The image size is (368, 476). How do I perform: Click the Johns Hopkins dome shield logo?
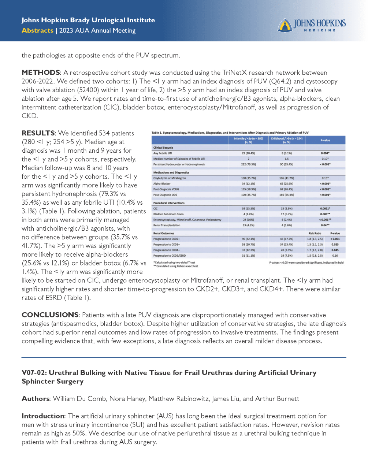tap(285, 25)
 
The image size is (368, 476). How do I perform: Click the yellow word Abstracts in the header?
tap(37, 30)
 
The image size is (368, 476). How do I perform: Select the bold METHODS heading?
tap(41, 72)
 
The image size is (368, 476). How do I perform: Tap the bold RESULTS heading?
tap(38, 133)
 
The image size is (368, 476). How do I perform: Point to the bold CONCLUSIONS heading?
tap(50, 315)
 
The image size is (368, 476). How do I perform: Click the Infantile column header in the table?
tap(248, 140)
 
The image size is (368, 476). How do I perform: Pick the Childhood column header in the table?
tap(286, 140)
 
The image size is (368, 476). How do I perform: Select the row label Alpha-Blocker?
tap(162, 183)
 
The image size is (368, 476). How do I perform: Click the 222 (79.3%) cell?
tap(248, 164)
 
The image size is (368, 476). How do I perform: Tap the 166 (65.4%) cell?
tap(286, 195)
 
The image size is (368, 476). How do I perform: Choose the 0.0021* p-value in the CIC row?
tap(325, 208)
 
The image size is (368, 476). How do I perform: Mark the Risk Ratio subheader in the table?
tap(315, 233)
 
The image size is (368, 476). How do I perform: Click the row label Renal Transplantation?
tap(167, 225)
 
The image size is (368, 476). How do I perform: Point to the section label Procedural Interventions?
tap(169, 203)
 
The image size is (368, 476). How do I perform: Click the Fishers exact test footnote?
tap(176, 266)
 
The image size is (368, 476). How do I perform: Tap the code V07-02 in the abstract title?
tap(34, 373)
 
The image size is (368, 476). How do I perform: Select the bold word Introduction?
tap(43, 416)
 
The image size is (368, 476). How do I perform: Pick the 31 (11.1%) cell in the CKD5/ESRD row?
tap(248, 256)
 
